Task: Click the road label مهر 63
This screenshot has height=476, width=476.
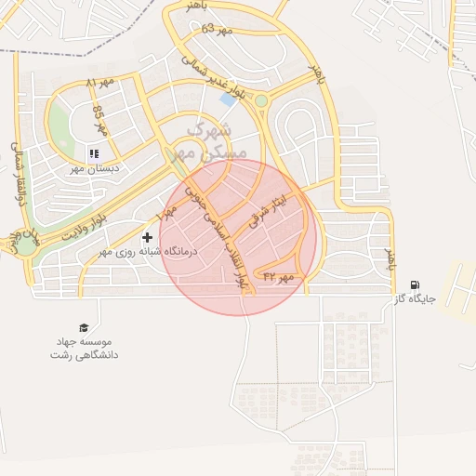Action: (x=215, y=30)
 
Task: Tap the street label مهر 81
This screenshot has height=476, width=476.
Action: (x=100, y=83)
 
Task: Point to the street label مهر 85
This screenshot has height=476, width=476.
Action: (x=99, y=120)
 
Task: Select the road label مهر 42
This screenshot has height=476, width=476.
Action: (x=278, y=276)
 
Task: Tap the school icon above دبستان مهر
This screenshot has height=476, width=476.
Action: (x=92, y=154)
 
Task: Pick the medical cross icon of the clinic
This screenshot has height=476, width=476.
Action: (x=148, y=237)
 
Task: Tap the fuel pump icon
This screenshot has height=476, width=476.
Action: (x=414, y=285)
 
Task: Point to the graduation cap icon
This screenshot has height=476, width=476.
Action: (x=85, y=328)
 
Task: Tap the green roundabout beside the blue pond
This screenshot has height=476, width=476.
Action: (x=261, y=100)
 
